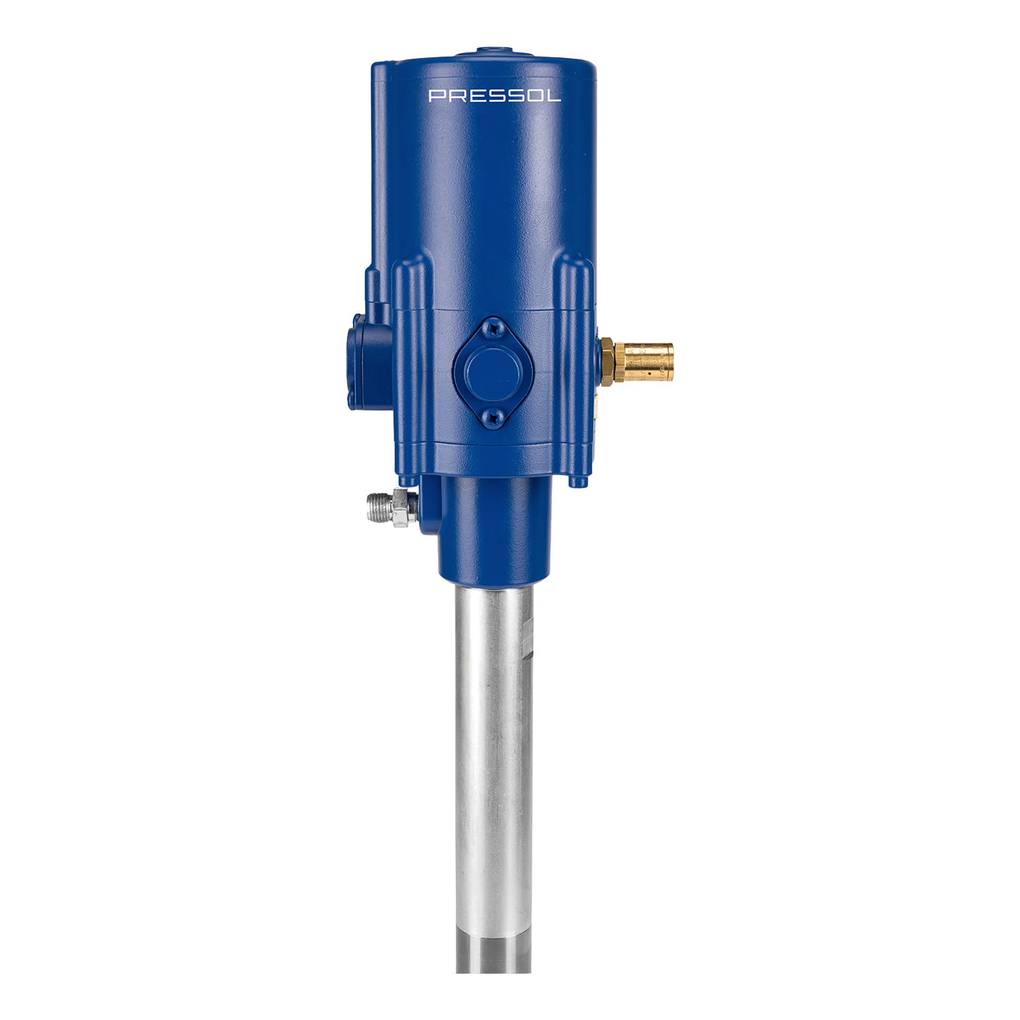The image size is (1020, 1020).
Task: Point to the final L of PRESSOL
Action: [x=554, y=96]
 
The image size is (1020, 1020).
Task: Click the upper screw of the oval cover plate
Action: [x=492, y=329]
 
